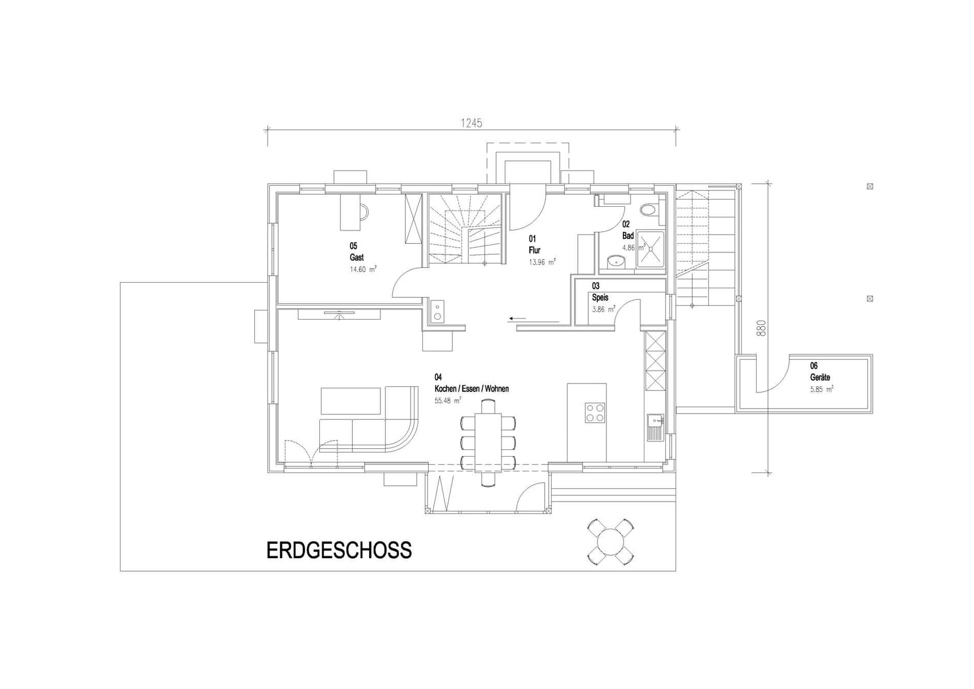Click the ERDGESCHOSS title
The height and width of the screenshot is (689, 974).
(339, 551)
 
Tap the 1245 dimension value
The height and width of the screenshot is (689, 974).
(471, 123)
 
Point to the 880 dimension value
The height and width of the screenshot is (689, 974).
(762, 328)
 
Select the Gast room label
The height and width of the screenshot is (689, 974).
(357, 257)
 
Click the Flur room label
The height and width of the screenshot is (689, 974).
(535, 250)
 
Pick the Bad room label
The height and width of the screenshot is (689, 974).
(628, 236)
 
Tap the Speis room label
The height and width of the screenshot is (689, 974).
(600, 297)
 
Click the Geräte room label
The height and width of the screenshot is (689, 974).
(820, 377)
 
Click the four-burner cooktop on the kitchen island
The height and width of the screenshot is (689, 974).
(595, 412)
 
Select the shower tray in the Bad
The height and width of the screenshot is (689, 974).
(651, 249)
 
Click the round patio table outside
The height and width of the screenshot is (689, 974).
(610, 542)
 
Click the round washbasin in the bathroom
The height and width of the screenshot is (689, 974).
(616, 261)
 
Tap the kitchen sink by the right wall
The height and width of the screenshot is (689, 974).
(655, 427)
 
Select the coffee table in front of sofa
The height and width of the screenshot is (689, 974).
(351, 401)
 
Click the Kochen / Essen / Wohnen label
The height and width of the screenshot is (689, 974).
(472, 389)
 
